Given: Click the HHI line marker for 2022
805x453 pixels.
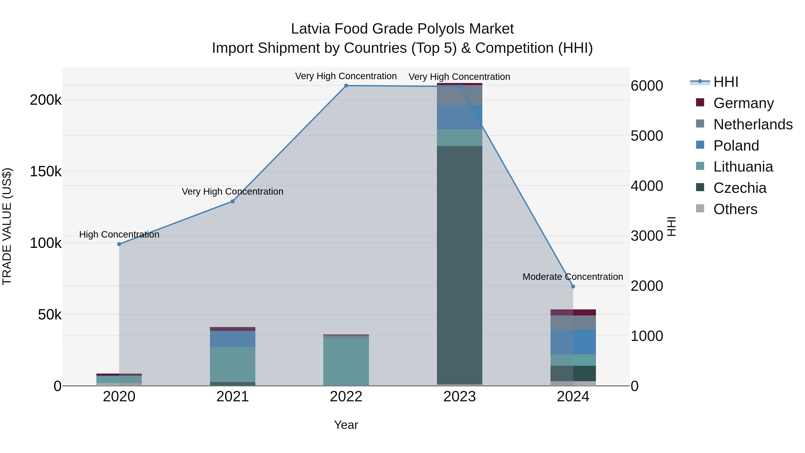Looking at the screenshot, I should (x=346, y=85).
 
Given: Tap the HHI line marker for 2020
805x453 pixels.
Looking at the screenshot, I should (x=119, y=244).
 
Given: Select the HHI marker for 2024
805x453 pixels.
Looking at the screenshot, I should (x=573, y=286).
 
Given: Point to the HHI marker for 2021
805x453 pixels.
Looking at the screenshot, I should (x=233, y=201).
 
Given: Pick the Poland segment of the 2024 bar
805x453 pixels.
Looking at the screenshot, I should (x=573, y=342).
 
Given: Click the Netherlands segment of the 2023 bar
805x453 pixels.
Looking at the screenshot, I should (x=459, y=95).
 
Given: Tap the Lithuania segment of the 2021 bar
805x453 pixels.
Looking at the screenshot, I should (x=233, y=364).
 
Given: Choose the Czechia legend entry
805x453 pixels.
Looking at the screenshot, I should (x=740, y=188).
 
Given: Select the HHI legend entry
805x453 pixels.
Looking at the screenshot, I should (x=726, y=82).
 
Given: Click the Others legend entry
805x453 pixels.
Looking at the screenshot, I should (x=735, y=209).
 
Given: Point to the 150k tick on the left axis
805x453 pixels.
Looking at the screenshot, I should (x=46, y=172).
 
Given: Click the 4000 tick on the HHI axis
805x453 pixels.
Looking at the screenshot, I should (x=646, y=186).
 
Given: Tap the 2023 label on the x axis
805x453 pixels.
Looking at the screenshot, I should (x=459, y=397).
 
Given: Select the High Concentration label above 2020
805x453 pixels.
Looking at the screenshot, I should (x=119, y=234).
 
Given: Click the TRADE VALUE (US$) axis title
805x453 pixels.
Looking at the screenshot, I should (x=7, y=226).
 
